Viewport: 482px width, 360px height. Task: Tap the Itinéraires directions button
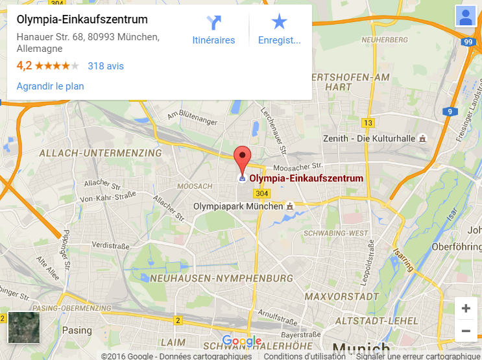pyautogui.click(x=213, y=30)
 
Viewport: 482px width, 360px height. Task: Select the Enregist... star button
pyautogui.click(x=280, y=30)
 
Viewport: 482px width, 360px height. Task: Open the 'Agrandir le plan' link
pyautogui.click(x=50, y=86)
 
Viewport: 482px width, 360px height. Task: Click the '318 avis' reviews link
pyautogui.click(x=106, y=66)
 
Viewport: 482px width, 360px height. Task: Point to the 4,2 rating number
pyautogui.click(x=24, y=66)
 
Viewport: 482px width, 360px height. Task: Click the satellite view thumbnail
pyautogui.click(x=24, y=328)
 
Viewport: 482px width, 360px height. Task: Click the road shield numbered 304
pyautogui.click(x=261, y=193)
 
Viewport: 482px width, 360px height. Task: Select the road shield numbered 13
pyautogui.click(x=368, y=123)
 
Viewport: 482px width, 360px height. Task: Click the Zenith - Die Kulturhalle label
pyautogui.click(x=369, y=138)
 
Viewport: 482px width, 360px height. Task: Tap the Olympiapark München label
pyautogui.click(x=239, y=206)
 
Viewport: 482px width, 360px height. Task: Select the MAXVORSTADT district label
pyautogui.click(x=341, y=296)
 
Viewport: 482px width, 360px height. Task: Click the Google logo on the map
pyautogui.click(x=241, y=341)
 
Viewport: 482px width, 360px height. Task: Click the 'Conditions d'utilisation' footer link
pyautogui.click(x=304, y=356)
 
